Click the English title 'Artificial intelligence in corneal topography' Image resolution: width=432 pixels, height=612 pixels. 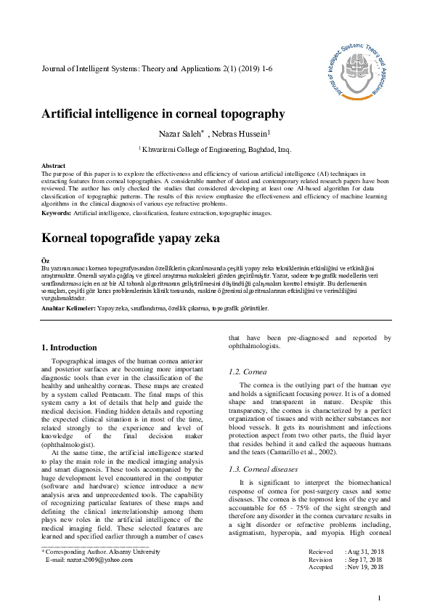(163, 113)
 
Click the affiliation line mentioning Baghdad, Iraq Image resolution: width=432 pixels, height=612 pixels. (215, 150)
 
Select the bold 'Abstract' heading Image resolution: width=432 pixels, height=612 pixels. (54, 166)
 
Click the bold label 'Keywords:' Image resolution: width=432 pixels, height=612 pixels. (57, 213)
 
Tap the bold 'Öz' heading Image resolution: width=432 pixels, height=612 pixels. (46, 260)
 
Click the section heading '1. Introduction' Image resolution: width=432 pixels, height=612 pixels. (69, 347)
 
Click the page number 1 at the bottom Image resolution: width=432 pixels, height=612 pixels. (379, 597)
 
